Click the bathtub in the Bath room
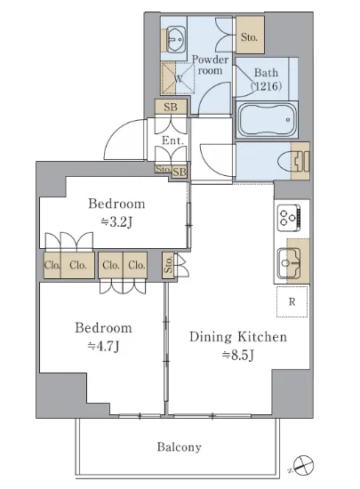tap(267, 119)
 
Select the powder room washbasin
tap(175, 39)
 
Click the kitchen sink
tap(289, 262)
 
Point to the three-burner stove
tap(289, 215)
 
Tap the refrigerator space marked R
tap(292, 301)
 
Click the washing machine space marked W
tap(178, 78)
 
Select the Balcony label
tap(180, 447)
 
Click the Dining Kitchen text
tap(238, 337)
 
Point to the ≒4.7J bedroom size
tap(104, 347)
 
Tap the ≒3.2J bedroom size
tap(116, 222)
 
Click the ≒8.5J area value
tap(238, 356)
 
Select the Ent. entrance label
tap(172, 140)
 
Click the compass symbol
tap(304, 465)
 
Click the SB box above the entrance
tap(171, 107)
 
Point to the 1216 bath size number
tap(267, 85)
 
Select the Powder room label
tap(210, 65)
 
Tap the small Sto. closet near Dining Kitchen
tap(168, 265)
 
